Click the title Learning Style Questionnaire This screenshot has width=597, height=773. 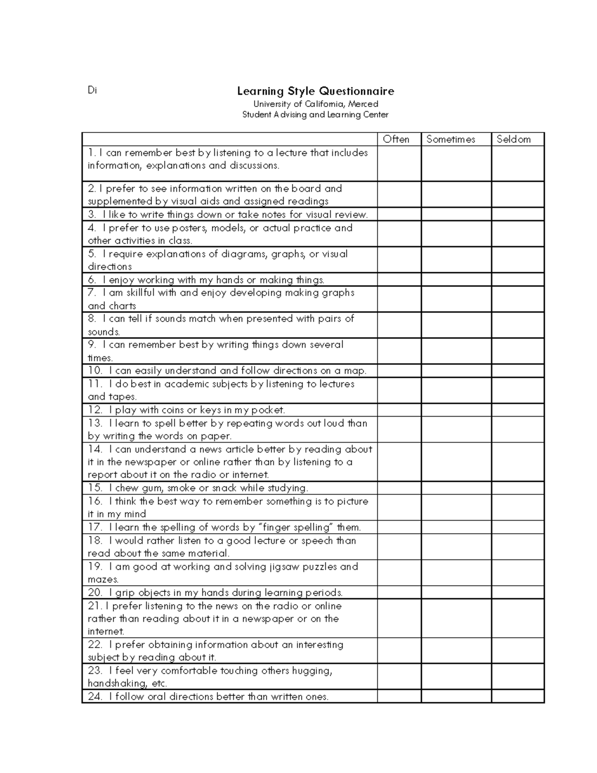tap(315, 91)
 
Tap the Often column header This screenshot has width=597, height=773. tap(396, 139)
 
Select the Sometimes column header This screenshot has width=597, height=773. tap(451, 139)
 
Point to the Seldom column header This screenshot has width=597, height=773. tap(513, 139)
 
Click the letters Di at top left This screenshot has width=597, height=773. tap(92, 90)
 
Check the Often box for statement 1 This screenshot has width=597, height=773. tap(399, 163)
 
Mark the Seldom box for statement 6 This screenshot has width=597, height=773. tap(517, 280)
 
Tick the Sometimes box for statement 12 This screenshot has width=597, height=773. tap(456, 410)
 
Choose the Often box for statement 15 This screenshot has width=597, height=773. tap(399, 488)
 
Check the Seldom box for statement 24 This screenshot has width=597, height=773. tap(517, 696)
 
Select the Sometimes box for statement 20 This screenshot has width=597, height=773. tap(456, 592)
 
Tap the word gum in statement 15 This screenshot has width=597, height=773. tap(152, 488)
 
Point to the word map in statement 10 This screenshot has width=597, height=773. tap(354, 371)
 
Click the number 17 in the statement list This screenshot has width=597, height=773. tap(95, 527)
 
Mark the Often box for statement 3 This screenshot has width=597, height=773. tap(399, 215)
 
